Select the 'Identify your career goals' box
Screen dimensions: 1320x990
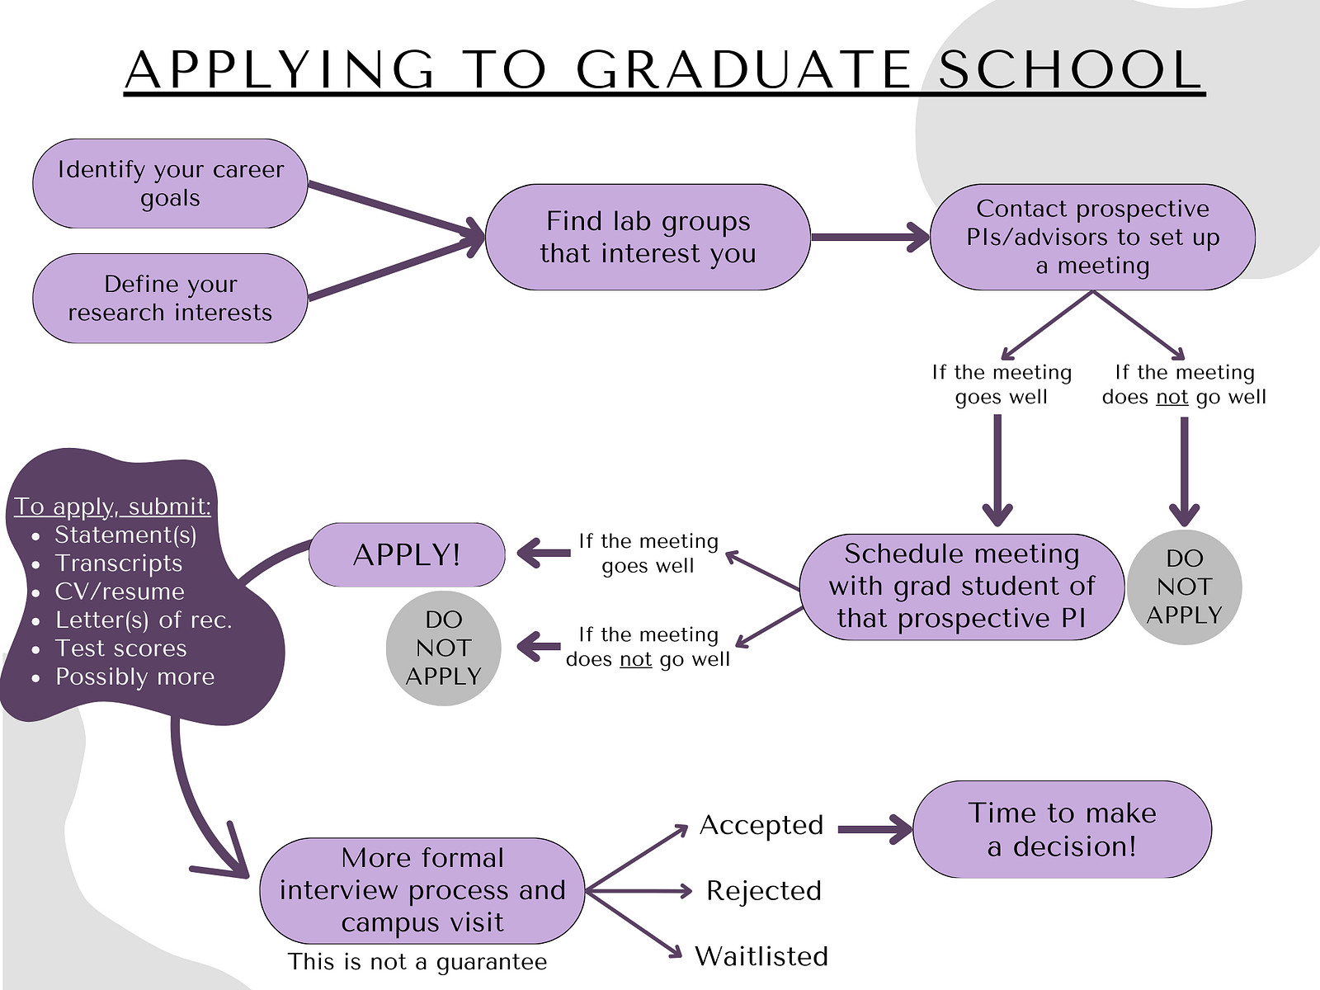click(x=170, y=183)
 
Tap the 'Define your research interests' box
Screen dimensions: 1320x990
click(x=170, y=298)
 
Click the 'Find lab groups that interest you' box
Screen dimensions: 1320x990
click(x=648, y=237)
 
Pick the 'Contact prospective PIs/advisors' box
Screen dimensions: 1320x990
click(x=1092, y=237)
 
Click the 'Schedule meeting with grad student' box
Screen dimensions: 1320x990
click(x=962, y=587)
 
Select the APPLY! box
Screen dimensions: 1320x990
click(x=407, y=554)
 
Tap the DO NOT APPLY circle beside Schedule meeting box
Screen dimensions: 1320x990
click(x=1184, y=587)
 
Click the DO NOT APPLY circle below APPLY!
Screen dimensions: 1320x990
click(x=443, y=648)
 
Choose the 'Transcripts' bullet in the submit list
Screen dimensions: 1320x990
click(x=119, y=563)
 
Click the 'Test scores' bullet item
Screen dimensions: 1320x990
click(x=121, y=648)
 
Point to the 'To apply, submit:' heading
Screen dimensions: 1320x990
click(x=112, y=506)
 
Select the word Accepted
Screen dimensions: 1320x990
click(x=761, y=825)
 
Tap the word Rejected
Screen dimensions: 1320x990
click(x=764, y=891)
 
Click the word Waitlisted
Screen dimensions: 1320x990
click(x=761, y=956)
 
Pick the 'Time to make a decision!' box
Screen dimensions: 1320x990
click(x=1062, y=829)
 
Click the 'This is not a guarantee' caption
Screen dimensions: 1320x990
click(x=417, y=962)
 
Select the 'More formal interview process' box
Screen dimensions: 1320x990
click(x=422, y=890)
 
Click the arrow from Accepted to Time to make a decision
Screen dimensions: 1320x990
click(x=875, y=829)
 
